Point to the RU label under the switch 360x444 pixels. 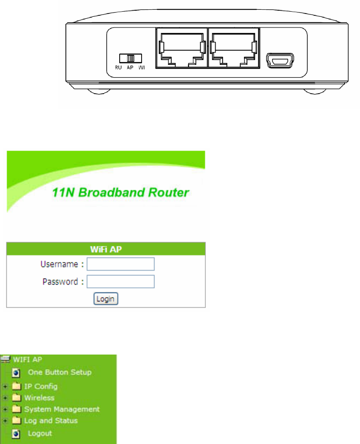(x=118, y=67)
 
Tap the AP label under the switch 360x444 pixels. (x=130, y=67)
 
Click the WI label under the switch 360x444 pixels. (x=142, y=67)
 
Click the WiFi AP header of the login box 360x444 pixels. (x=106, y=249)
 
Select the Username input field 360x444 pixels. (x=121, y=265)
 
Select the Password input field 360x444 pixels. (x=121, y=281)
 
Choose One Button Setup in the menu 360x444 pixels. (x=60, y=372)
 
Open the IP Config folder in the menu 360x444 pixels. (x=41, y=386)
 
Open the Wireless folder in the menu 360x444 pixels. (x=39, y=398)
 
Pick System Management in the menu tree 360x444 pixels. (x=61, y=410)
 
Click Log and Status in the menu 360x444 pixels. (x=51, y=421)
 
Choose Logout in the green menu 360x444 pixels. (x=40, y=434)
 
